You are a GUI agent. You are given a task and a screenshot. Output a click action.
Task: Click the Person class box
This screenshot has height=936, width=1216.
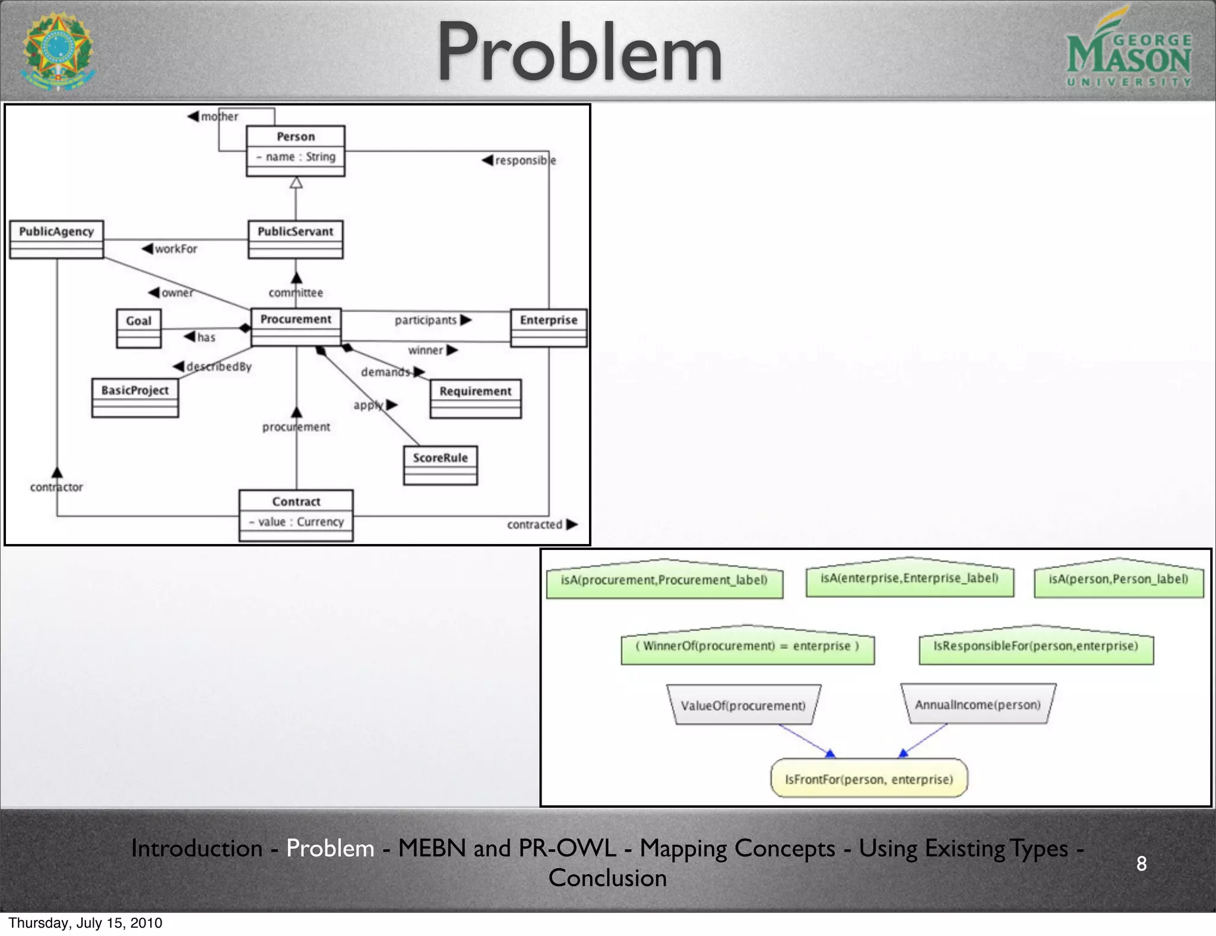click(295, 150)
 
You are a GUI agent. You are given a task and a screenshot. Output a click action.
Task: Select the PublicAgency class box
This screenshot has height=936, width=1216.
click(56, 239)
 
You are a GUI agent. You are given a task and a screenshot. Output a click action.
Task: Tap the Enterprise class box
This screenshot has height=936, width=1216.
click(549, 327)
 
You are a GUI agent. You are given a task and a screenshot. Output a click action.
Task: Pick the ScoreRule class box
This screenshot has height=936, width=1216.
click(440, 465)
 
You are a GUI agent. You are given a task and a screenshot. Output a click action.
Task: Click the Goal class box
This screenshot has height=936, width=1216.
click(138, 328)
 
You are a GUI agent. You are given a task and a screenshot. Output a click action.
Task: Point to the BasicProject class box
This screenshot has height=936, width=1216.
click(135, 398)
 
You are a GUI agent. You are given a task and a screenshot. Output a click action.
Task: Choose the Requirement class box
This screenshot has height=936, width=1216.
click(475, 399)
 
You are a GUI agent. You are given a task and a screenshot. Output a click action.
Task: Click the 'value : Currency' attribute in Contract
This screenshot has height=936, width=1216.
click(296, 522)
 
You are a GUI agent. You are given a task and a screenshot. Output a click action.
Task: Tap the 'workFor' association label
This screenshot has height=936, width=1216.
click(175, 249)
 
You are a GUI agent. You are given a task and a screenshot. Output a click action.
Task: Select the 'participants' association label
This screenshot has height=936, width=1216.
click(426, 320)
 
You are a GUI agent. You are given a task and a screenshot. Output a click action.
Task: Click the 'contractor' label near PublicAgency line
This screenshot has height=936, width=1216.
click(56, 487)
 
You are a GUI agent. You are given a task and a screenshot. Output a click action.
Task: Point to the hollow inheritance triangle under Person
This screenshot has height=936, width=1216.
click(296, 182)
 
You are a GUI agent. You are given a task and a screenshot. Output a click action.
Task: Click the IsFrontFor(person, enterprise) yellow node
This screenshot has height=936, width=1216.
click(869, 779)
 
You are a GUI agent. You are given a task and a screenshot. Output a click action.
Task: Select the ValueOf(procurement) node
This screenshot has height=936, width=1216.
click(743, 705)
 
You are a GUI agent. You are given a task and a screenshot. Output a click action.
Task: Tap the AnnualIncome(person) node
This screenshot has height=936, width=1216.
click(977, 704)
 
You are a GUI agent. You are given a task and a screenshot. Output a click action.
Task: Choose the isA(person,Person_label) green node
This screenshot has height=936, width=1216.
click(1118, 580)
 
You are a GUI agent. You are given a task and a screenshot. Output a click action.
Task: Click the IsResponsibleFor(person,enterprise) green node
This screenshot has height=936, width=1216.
click(1035, 646)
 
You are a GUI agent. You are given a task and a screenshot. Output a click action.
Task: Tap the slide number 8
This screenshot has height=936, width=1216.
click(1141, 863)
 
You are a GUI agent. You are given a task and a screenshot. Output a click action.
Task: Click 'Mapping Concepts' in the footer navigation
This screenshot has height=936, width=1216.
click(737, 848)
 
